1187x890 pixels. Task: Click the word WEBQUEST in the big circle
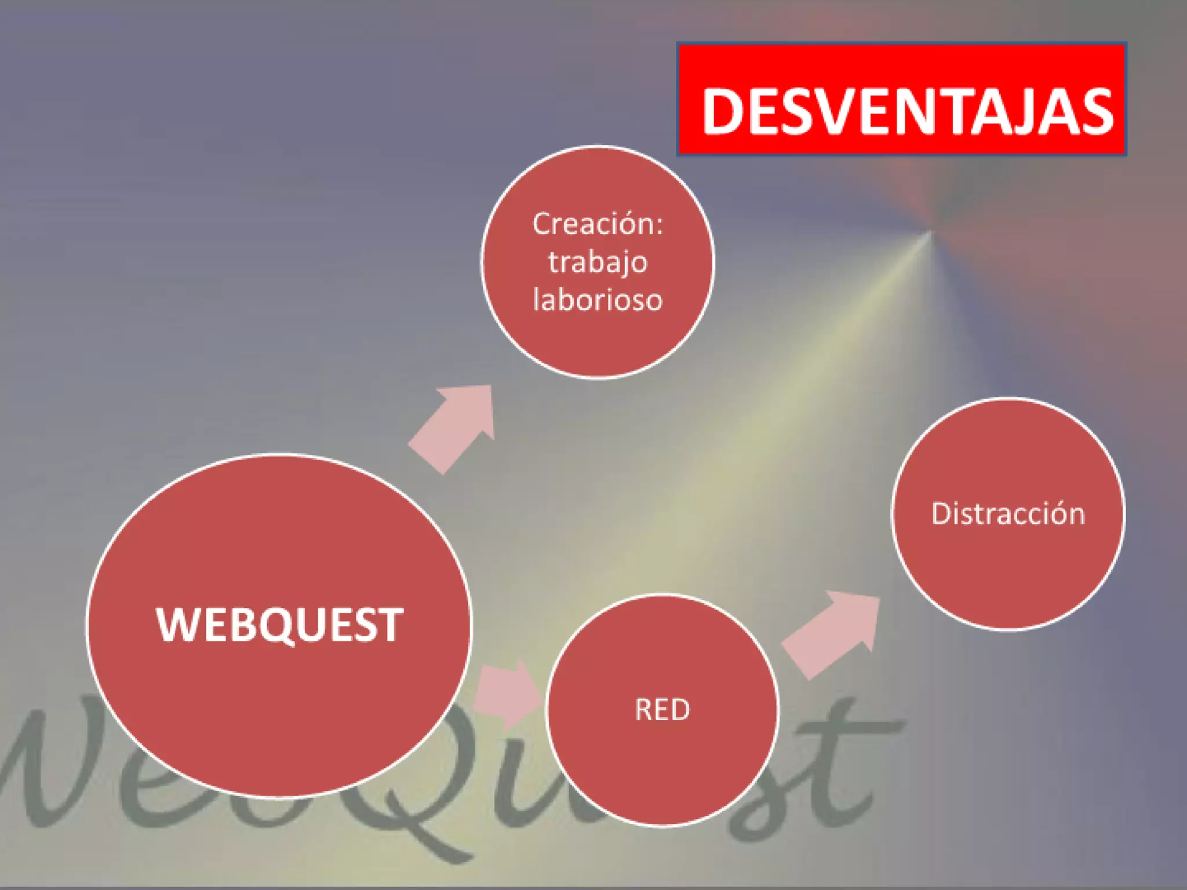[x=279, y=625]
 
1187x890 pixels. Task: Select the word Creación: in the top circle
[x=598, y=224]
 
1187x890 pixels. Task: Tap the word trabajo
[x=598, y=262]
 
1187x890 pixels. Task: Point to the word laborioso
[x=598, y=300]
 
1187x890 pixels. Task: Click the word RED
[x=662, y=710]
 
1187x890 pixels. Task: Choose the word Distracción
[x=1008, y=514]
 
